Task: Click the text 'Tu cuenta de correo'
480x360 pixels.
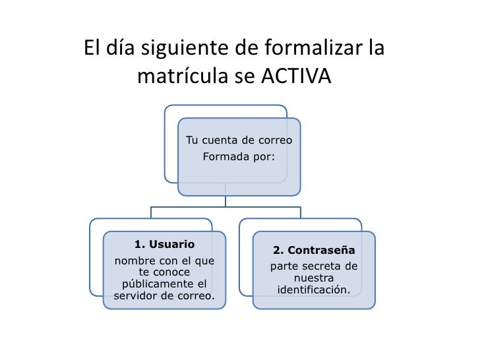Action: pos(239,140)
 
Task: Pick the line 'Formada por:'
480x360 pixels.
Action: pos(239,157)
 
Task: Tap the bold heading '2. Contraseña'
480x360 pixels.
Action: pos(314,251)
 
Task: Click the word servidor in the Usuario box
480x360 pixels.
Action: pos(138,295)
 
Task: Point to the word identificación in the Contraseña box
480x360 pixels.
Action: pos(314,290)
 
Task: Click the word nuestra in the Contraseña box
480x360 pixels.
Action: pos(314,278)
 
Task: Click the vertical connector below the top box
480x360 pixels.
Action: pos(225,200)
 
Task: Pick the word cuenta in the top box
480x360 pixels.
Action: pos(220,140)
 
